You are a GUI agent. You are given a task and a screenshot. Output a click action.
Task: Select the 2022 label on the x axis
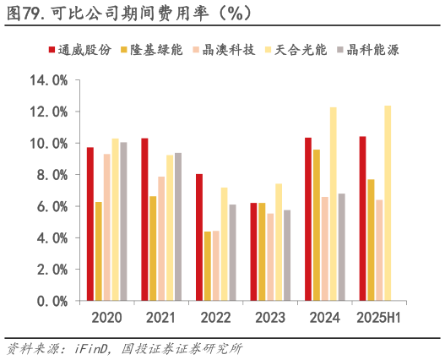point(215,318)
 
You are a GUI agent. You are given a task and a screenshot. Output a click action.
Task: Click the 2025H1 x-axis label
point(379,318)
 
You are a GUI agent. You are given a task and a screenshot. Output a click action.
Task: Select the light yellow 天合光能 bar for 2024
point(333,204)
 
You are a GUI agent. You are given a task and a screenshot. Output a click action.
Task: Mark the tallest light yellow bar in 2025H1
point(388,203)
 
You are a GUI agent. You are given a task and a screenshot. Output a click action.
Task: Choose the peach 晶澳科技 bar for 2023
point(270,257)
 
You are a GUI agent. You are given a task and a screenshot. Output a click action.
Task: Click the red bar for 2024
point(308,219)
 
